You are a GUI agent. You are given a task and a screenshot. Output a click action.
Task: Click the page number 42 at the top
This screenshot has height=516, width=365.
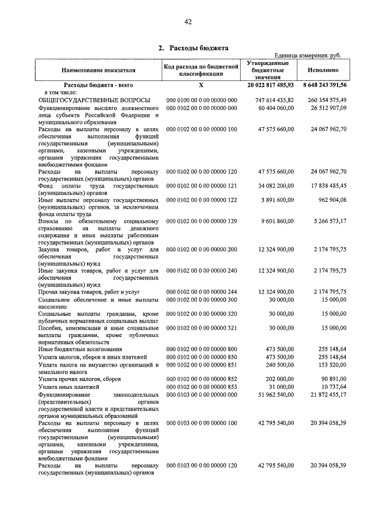pyautogui.click(x=188, y=22)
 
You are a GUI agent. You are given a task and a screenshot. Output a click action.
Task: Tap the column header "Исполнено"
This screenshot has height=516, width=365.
pyautogui.click(x=323, y=70)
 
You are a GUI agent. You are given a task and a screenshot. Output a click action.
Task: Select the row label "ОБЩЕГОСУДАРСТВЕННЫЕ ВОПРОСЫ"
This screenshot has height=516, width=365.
pyautogui.click(x=94, y=100)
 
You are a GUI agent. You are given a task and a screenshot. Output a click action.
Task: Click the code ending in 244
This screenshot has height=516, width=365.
pyautogui.click(x=201, y=291)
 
